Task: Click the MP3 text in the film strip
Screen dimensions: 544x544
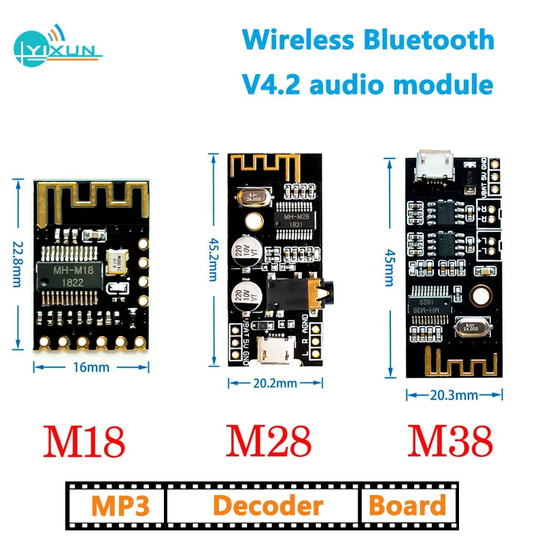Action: (117, 506)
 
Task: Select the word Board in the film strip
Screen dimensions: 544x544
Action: (407, 506)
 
